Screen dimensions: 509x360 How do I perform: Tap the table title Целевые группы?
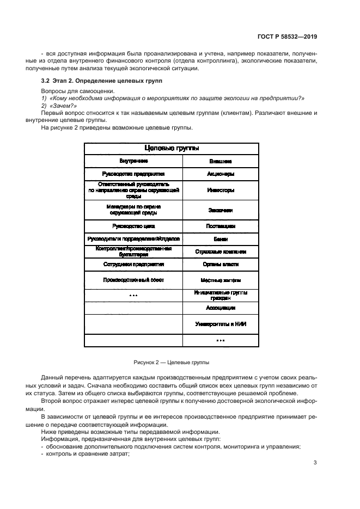171,148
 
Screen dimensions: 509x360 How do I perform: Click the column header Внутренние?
133,161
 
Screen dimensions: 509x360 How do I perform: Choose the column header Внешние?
221,162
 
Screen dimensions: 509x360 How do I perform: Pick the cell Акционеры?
221,174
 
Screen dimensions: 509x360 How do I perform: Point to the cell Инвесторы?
221,191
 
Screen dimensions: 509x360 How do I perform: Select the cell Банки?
221,239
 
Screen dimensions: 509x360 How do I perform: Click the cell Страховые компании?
221,252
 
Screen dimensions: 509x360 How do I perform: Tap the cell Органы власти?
221,265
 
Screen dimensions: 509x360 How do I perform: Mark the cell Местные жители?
221,280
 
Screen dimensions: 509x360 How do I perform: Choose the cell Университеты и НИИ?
221,324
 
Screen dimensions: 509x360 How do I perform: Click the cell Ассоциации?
221,308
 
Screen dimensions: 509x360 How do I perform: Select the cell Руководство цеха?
133,225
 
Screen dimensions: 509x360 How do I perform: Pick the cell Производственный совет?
133,280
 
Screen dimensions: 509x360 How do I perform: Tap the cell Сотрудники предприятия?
133,265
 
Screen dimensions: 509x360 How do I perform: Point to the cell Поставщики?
221,225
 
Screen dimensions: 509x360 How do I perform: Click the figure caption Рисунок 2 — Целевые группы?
171,362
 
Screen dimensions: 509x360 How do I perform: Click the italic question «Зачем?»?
54,105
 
